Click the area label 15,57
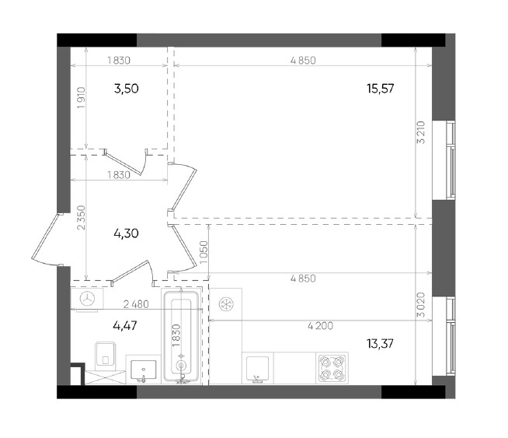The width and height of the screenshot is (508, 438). click(x=381, y=88)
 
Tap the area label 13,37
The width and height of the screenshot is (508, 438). click(x=381, y=344)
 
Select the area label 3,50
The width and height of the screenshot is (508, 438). click(x=127, y=88)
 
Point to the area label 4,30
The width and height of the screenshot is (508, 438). click(x=127, y=233)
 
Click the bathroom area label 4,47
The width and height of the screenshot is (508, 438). click(x=125, y=325)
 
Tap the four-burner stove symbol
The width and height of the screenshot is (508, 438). click(x=332, y=368)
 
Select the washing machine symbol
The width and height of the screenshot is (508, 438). click(x=87, y=300)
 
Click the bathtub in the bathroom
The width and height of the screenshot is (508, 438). click(x=182, y=336)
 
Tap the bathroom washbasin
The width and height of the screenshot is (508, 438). click(x=144, y=370)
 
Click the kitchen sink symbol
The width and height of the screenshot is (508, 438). click(x=258, y=369)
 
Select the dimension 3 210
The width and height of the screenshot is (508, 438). click(x=421, y=132)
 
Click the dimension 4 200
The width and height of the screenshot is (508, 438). click(x=320, y=325)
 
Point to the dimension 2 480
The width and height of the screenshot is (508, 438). click(x=136, y=304)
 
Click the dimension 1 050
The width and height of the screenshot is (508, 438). click(x=204, y=252)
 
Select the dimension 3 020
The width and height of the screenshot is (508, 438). click(x=421, y=305)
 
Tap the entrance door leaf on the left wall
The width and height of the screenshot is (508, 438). click(x=45, y=237)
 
